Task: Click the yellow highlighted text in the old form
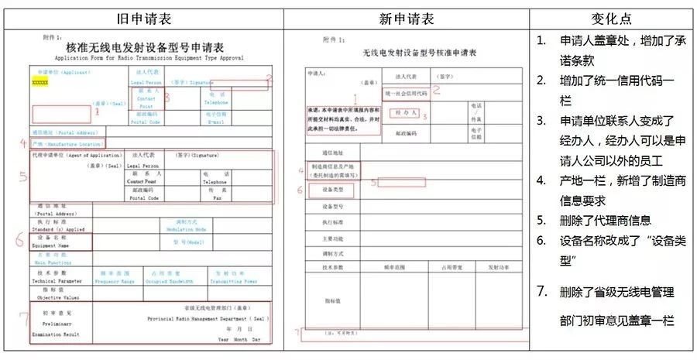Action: (40, 81)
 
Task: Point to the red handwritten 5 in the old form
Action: (23, 177)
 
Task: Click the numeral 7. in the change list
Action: (543, 292)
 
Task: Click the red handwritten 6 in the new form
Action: (300, 190)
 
